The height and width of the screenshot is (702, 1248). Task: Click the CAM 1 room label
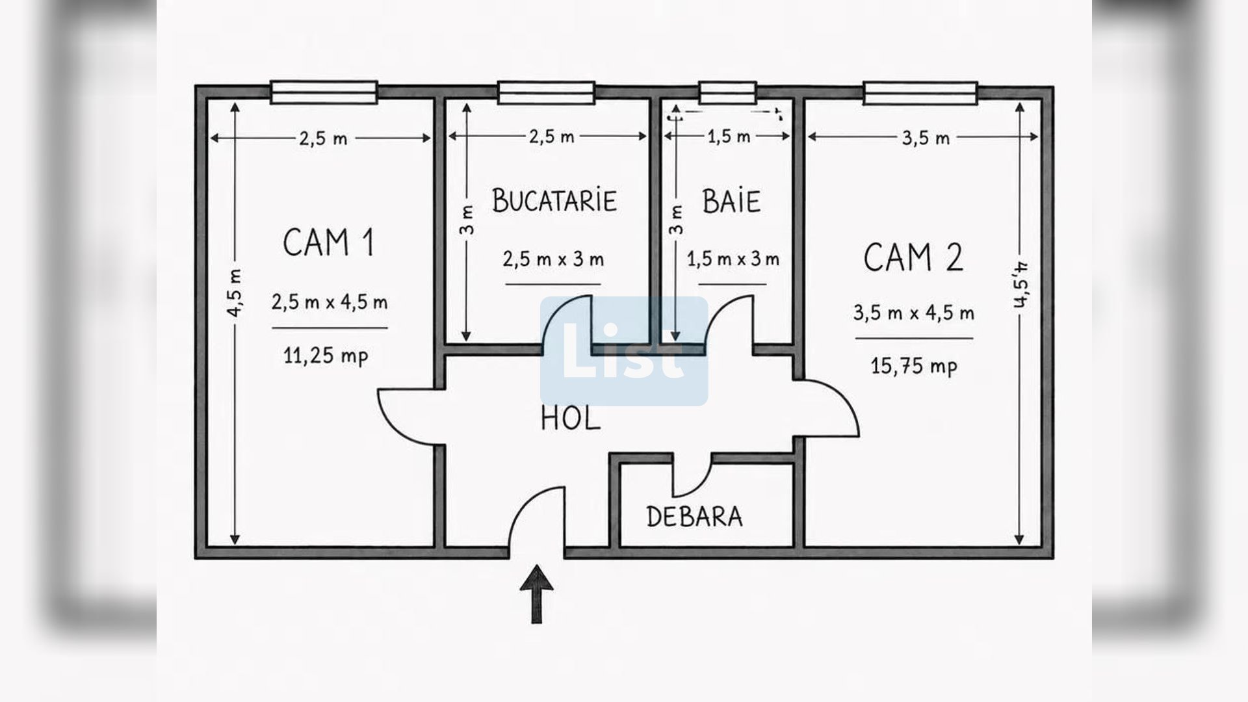[x=328, y=242]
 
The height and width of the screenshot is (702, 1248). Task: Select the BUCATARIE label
[x=554, y=200]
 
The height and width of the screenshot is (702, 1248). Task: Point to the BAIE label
[x=731, y=201]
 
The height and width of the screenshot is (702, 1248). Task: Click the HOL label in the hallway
[x=571, y=419]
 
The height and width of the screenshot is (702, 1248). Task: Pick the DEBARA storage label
[x=694, y=517]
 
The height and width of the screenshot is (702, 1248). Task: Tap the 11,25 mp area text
[x=326, y=356]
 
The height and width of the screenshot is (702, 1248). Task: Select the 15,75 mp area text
[x=914, y=366]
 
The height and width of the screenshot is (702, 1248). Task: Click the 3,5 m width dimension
[x=926, y=138]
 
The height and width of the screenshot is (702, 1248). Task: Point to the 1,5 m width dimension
[x=728, y=136]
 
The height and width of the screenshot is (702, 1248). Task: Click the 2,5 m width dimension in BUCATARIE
[x=551, y=136]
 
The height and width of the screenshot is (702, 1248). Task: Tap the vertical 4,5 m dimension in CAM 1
[x=235, y=292]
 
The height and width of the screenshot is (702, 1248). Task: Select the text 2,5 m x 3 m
[x=553, y=259]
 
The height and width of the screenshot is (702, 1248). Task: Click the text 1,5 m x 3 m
[x=733, y=259]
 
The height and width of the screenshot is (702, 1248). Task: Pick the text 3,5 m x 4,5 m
[x=914, y=313]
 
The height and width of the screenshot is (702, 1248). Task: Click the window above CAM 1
[x=324, y=92]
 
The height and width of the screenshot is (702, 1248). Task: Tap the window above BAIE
[x=728, y=92]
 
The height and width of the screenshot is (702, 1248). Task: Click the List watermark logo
[x=624, y=351]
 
